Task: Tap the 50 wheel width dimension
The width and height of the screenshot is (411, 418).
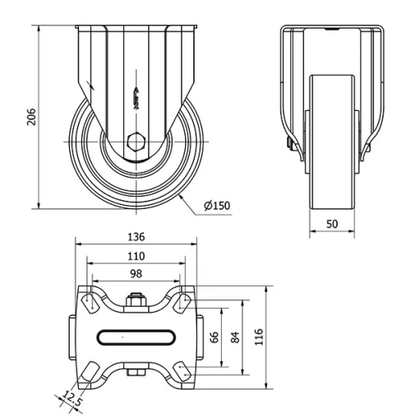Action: pos(331,224)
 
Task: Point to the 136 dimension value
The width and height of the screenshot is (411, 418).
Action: pos(136,235)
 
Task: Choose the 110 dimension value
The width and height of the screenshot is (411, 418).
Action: pos(136,255)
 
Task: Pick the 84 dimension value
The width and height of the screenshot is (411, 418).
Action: pos(236,336)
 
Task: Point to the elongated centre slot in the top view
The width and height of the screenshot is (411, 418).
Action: pos(136,336)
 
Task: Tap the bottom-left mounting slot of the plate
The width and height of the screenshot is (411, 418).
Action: pos(90,372)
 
